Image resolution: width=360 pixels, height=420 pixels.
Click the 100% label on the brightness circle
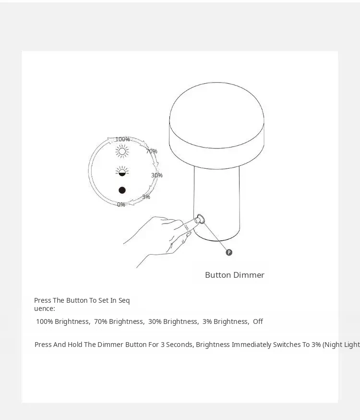click(x=122, y=139)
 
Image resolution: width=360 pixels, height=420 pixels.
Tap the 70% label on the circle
click(x=152, y=151)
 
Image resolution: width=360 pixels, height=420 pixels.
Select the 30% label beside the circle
click(x=157, y=175)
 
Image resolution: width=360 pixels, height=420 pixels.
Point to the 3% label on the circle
click(x=146, y=197)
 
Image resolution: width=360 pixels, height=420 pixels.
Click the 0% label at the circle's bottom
click(x=121, y=205)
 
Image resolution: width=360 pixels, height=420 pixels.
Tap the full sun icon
click(x=122, y=151)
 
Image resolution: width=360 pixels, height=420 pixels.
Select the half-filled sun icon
click(x=122, y=172)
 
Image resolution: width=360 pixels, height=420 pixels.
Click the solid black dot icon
click(x=122, y=190)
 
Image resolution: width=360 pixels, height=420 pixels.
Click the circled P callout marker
click(x=229, y=252)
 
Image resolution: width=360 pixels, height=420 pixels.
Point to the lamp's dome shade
click(x=216, y=125)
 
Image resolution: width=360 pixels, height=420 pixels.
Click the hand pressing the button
click(x=160, y=238)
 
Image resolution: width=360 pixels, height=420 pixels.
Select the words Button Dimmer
click(x=235, y=275)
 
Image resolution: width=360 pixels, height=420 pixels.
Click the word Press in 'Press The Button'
click(x=43, y=300)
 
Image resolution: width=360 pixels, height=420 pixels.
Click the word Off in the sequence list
click(x=258, y=321)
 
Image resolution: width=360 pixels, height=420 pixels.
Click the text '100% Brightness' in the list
click(x=62, y=321)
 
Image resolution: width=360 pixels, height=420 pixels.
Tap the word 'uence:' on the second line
click(x=44, y=309)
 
